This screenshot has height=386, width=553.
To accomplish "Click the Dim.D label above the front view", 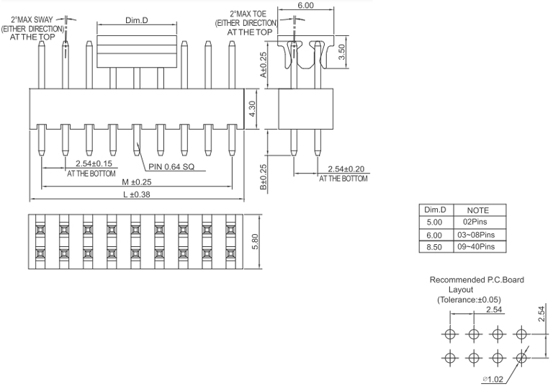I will (x=137, y=20).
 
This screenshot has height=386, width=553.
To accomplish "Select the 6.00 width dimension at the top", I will (x=306, y=6).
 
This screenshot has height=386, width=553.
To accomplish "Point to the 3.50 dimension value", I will (x=343, y=51).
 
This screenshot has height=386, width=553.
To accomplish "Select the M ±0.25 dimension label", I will (x=136, y=182).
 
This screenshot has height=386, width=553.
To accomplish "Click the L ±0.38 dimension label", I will (x=136, y=194).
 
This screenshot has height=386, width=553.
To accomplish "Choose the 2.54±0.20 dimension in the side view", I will (x=345, y=169).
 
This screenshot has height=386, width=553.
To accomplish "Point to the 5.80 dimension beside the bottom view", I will (x=254, y=241).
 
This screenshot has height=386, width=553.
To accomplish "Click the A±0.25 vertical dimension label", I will (x=264, y=64).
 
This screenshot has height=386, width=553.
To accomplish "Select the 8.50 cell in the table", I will (x=434, y=246).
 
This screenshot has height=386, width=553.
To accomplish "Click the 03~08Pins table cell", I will (x=477, y=235).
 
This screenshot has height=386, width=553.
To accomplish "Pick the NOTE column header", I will (x=477, y=210).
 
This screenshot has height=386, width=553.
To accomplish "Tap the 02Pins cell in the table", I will (x=477, y=223).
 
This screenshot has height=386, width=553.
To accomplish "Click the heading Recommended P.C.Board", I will (x=477, y=279).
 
